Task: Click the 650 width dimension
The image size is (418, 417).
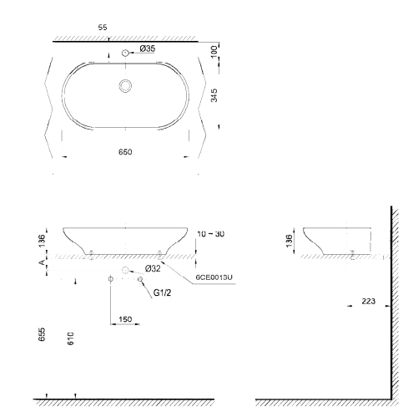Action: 124,152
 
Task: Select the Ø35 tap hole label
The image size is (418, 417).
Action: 147,49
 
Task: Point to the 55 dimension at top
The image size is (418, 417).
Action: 103,28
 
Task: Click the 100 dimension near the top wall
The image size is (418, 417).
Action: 215,51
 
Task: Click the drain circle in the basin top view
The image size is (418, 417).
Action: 126,84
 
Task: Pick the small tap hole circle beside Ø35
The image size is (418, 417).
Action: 125,54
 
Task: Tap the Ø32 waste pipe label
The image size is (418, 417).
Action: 153,268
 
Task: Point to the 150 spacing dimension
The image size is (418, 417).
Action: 125,319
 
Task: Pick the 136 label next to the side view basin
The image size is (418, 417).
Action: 288,239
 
